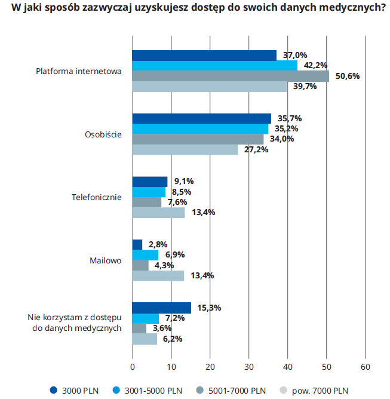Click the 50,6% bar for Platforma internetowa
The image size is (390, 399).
[x=230, y=76]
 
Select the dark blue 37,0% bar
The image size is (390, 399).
[x=204, y=56]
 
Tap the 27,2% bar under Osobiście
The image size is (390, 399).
[x=185, y=149]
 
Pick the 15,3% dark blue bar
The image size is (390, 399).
[x=161, y=308]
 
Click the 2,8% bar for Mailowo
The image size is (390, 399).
[x=137, y=244]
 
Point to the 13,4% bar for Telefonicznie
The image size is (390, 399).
[x=158, y=212]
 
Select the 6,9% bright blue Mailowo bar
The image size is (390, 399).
[x=145, y=255]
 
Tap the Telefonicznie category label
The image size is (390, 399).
[x=96, y=197]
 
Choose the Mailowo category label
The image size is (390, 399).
[x=105, y=260]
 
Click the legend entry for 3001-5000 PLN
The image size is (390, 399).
[x=153, y=391]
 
